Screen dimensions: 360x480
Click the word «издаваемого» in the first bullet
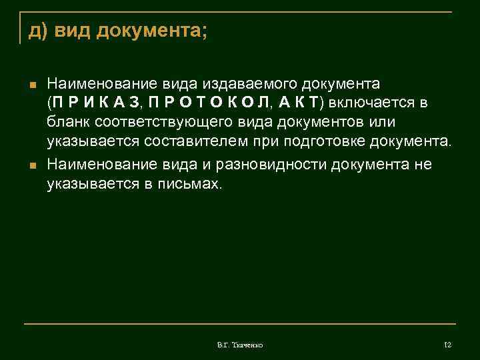253,85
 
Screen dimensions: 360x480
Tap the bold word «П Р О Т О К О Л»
210,104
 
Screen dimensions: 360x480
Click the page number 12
447,345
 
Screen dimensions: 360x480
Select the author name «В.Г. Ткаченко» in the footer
240,345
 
